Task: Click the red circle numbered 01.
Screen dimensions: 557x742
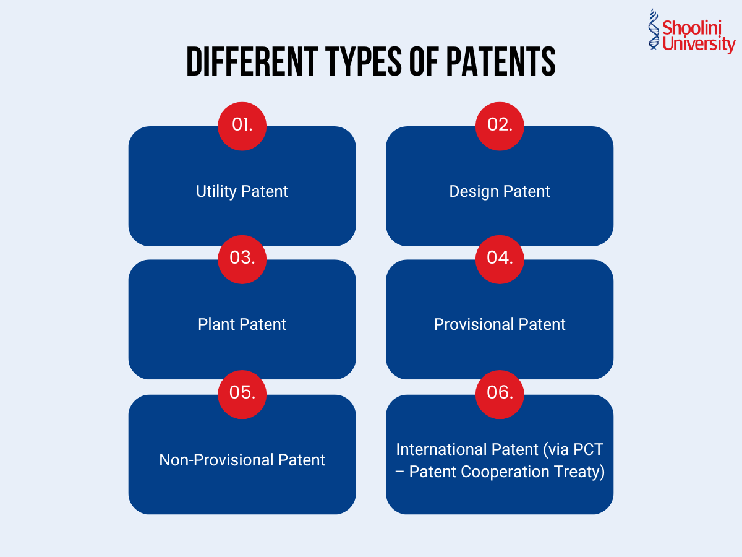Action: point(242,126)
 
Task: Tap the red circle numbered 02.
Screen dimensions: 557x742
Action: point(500,126)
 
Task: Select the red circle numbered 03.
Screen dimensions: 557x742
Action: point(242,259)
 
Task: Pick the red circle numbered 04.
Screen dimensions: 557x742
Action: point(500,259)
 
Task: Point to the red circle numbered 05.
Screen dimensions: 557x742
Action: point(242,394)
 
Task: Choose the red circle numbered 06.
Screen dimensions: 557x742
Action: point(500,394)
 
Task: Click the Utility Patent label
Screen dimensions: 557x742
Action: point(242,191)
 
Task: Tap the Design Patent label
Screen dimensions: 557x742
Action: point(500,191)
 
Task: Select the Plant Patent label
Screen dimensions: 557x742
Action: point(242,324)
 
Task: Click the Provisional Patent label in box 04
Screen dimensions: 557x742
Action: point(500,324)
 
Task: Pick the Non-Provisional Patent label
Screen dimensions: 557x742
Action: point(242,460)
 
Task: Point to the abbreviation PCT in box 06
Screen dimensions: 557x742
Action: point(589,449)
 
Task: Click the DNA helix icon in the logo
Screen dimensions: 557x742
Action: point(654,30)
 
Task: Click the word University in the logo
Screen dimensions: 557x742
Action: point(698,45)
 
